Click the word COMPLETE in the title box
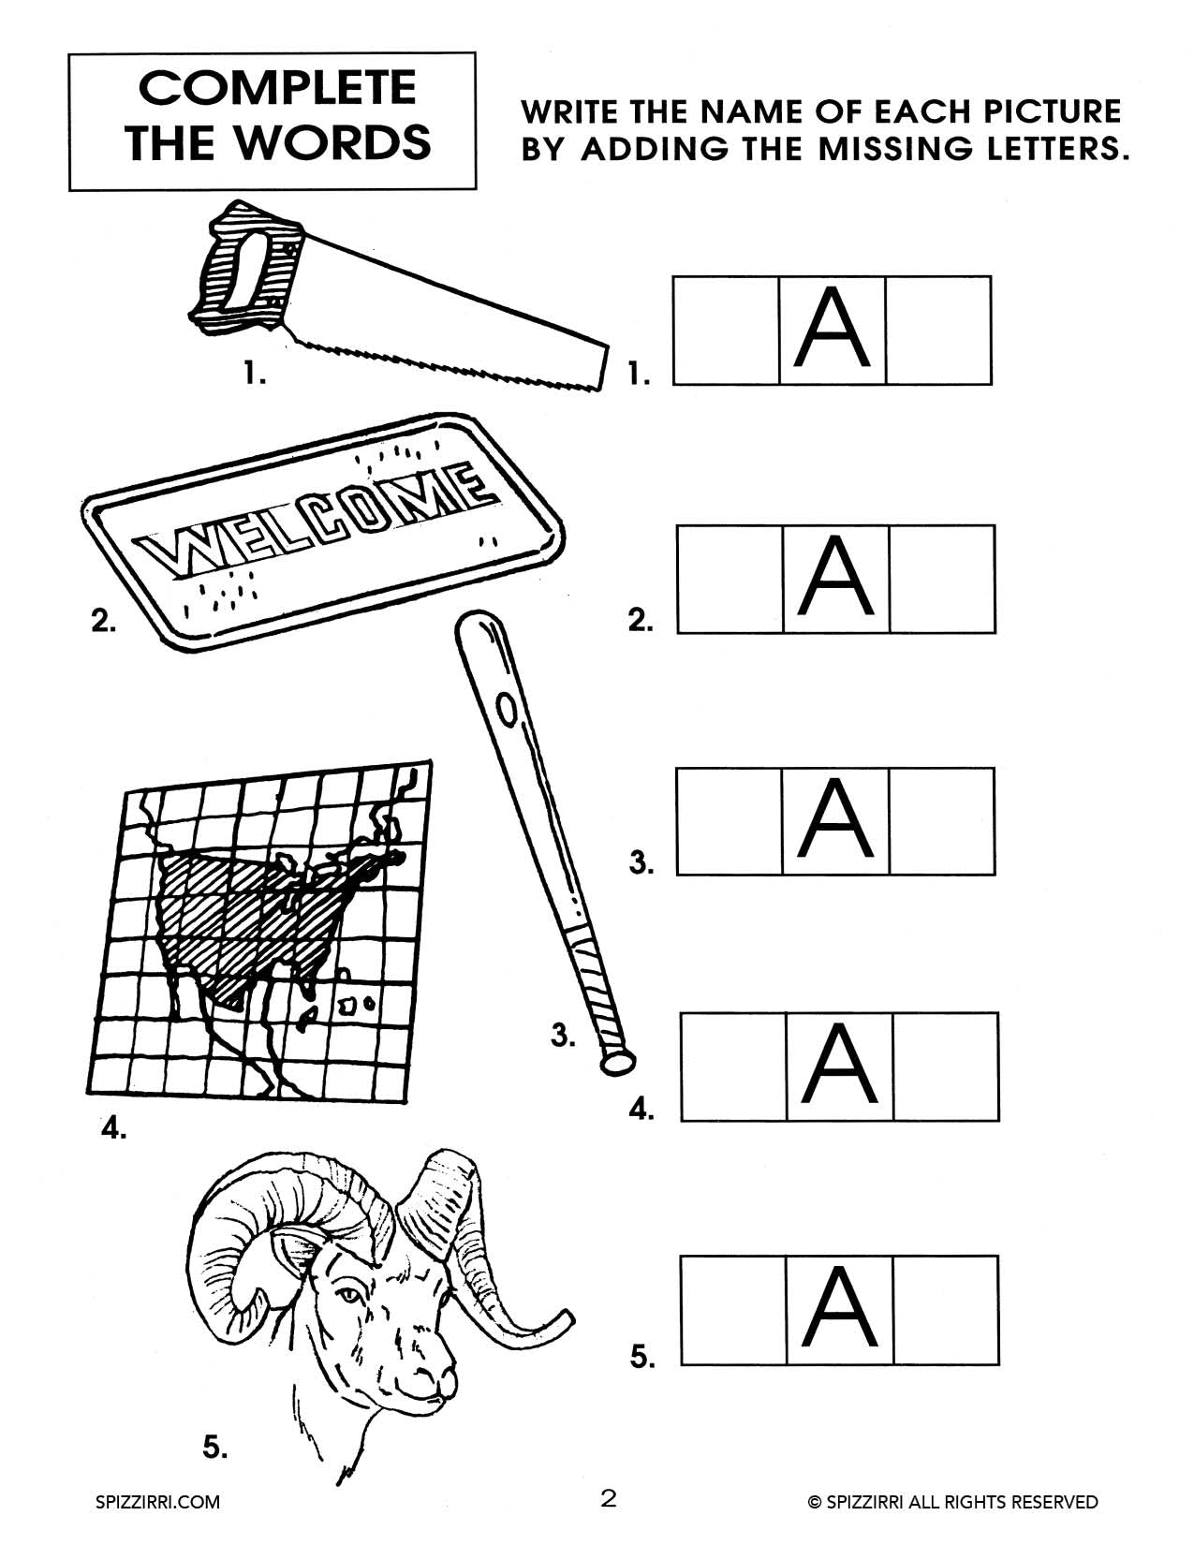276,89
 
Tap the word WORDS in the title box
332,143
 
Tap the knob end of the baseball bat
616,1062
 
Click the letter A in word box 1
832,330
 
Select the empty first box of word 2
730,579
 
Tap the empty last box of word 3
941,821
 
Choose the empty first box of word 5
733,1309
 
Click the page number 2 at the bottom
609,1499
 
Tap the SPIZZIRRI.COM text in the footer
158,1502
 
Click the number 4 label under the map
113,1129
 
